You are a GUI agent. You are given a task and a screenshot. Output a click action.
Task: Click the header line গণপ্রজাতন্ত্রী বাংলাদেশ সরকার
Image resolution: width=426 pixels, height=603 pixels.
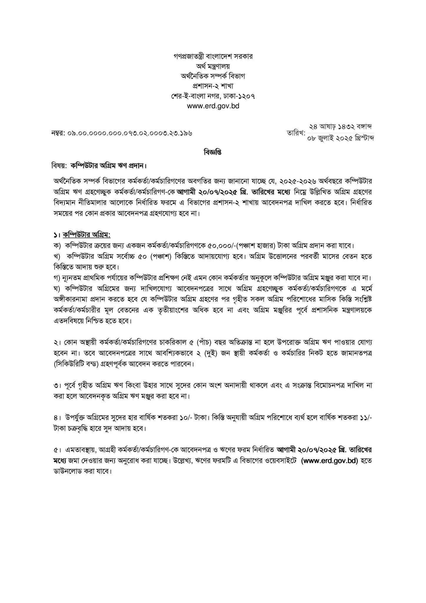tap(213, 57)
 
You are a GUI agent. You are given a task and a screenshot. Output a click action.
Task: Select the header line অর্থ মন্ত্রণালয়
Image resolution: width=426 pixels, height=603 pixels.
tap(213, 66)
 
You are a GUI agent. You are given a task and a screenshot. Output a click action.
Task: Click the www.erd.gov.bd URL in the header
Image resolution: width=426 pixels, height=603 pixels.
tap(213, 106)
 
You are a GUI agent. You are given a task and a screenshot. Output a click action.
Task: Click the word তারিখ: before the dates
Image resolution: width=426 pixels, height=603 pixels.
tap(296, 133)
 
